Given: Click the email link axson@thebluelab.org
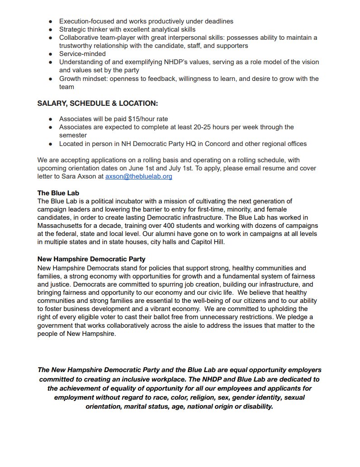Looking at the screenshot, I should [139, 176].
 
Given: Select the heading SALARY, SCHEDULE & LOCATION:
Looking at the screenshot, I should [98, 104].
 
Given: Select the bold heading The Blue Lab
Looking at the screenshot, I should [58, 193].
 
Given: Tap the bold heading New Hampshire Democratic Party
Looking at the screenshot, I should [91, 259].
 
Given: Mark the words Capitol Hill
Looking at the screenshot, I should [208, 242].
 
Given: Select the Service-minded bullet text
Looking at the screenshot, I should [82, 54].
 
